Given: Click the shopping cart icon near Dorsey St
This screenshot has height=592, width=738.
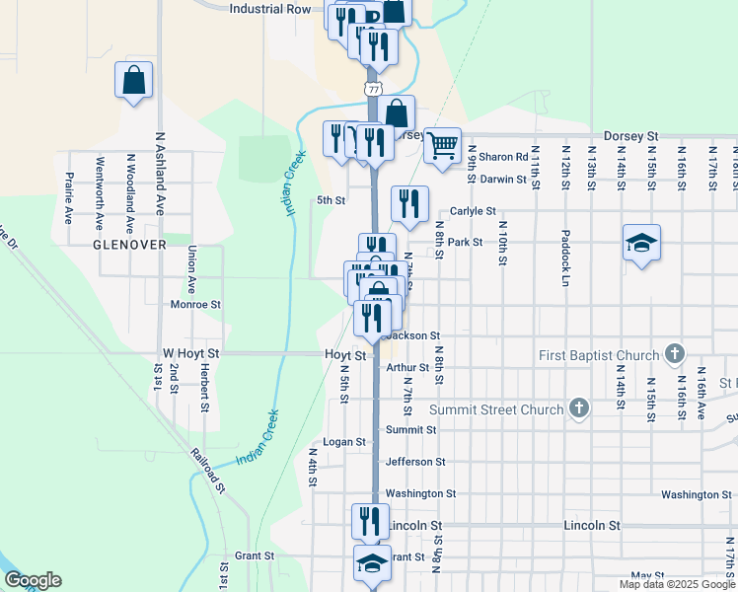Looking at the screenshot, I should [443, 145].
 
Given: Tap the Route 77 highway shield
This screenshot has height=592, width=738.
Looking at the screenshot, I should [372, 89].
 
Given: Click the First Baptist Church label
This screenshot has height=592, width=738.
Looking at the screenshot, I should [599, 355].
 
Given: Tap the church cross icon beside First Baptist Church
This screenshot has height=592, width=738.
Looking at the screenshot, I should [676, 352].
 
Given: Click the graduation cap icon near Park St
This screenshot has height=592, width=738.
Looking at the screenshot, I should [641, 243].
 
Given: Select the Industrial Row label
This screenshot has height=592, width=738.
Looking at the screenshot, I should [269, 9].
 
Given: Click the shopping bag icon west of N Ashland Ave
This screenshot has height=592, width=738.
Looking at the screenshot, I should [133, 80].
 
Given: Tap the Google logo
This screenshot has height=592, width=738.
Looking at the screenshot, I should [32, 580].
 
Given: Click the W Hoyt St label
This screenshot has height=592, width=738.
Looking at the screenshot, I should [190, 353].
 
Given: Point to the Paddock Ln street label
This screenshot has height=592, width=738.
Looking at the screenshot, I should [565, 266].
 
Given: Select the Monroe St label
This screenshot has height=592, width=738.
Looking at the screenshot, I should [192, 305].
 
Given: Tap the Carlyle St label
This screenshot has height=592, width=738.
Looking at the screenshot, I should [472, 211].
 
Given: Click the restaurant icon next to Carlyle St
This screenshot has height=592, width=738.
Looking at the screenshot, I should [408, 203].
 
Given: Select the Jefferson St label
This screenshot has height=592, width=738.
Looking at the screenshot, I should [414, 461].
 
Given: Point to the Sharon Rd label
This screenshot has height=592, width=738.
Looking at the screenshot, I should [503, 157].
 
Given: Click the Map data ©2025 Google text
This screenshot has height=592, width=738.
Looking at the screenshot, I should [676, 584].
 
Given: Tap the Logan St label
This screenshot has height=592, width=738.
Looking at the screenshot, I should [344, 442].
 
